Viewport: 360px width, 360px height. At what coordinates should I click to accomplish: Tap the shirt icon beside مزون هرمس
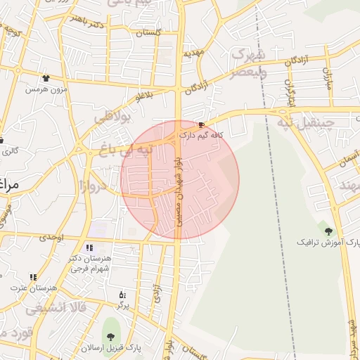[x=46, y=79]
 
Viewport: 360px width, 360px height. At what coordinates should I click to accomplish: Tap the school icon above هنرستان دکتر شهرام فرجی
[x=89, y=247]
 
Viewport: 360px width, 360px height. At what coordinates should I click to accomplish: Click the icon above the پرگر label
[x=123, y=295]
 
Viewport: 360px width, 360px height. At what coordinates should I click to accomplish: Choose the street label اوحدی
[x=51, y=237]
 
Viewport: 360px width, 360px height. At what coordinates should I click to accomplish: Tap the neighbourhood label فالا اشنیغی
[x=56, y=308]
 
